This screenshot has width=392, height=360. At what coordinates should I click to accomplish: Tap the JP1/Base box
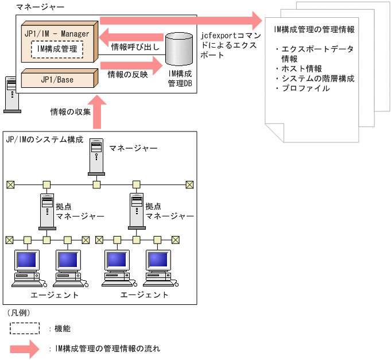(x=56, y=79)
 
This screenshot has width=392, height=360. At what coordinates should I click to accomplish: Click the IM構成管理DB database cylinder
(x=180, y=50)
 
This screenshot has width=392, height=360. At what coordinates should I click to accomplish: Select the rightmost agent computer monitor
(x=158, y=262)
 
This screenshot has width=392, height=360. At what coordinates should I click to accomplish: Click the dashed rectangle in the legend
(x=25, y=328)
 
